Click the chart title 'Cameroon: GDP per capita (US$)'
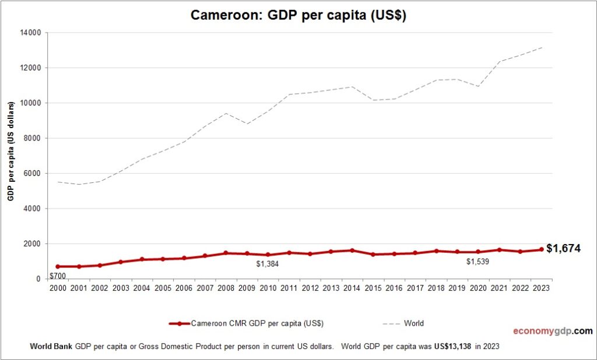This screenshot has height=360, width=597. click(x=298, y=16)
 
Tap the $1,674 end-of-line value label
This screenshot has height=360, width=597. click(x=563, y=249)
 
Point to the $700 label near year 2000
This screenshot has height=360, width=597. click(x=57, y=276)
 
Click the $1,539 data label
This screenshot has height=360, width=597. click(x=477, y=262)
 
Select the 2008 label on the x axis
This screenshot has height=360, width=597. click(x=226, y=288)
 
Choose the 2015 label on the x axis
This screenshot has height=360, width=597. click(x=373, y=288)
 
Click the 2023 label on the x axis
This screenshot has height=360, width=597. click(x=541, y=288)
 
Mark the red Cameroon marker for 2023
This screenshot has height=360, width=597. click(x=541, y=249)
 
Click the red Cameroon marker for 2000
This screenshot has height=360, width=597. click(x=58, y=266)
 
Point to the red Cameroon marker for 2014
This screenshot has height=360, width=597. click(x=352, y=250)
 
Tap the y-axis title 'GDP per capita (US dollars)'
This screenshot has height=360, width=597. click(x=10, y=151)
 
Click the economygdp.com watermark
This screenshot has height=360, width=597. click(x=553, y=331)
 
